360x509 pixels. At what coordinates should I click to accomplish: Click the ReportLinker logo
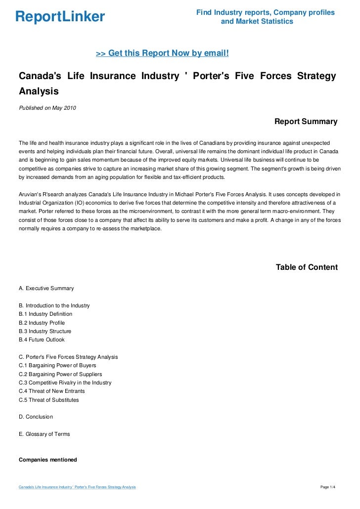click(60, 17)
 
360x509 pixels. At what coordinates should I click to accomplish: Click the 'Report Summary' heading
click(306, 122)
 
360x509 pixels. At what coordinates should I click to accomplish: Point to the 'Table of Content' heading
click(307, 267)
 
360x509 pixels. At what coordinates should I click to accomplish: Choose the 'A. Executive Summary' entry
click(46, 288)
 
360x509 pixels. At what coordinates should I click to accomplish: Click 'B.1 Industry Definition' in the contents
click(45, 314)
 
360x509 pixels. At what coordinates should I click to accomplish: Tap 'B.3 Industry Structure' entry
click(45, 331)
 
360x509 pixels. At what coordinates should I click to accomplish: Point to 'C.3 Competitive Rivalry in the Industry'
click(65, 382)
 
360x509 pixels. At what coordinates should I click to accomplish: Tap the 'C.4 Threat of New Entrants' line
click(51, 391)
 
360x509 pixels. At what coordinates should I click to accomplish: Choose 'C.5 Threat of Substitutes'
click(48, 400)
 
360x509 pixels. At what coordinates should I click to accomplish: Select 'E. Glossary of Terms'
click(44, 434)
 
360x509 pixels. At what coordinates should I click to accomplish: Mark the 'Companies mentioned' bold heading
click(47, 460)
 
